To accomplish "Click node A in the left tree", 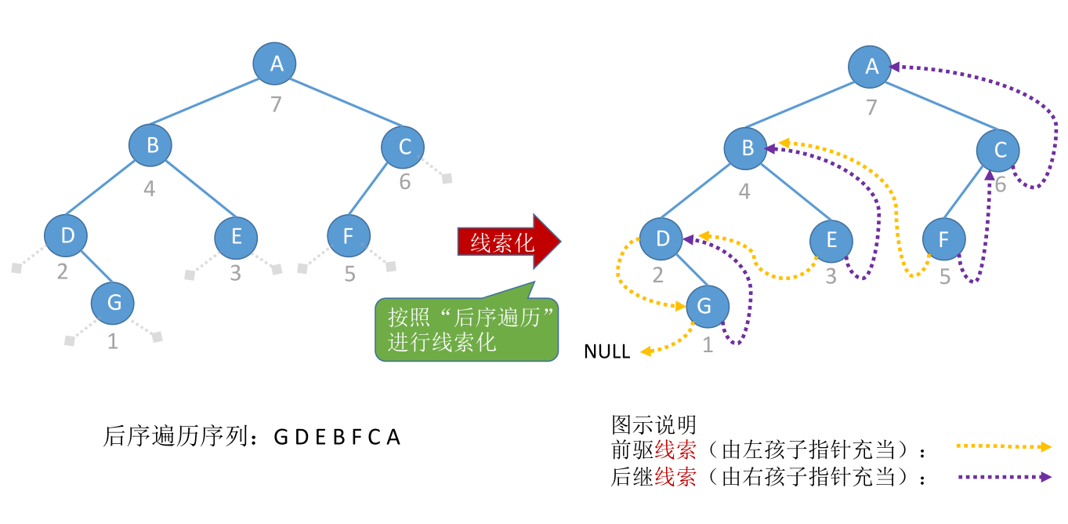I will click(275, 64).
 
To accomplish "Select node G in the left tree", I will click(113, 302).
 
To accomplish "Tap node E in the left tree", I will click(237, 236).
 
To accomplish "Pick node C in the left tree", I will click(403, 146).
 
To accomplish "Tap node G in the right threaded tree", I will click(707, 306).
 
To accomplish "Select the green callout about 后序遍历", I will click(467, 329).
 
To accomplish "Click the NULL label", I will click(606, 352).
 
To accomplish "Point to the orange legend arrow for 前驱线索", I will click(1004, 446).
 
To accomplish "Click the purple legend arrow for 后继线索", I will click(1004, 476).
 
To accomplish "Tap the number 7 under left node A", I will click(276, 104).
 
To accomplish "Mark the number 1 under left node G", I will click(112, 342).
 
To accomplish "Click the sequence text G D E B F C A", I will click(337, 437).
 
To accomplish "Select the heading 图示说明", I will click(653, 424).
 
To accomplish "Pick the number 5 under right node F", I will click(945, 277).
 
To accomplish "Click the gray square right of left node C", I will click(447, 178).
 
